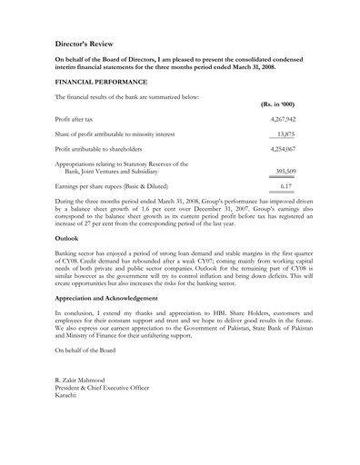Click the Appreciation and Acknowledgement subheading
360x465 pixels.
point(118,297)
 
